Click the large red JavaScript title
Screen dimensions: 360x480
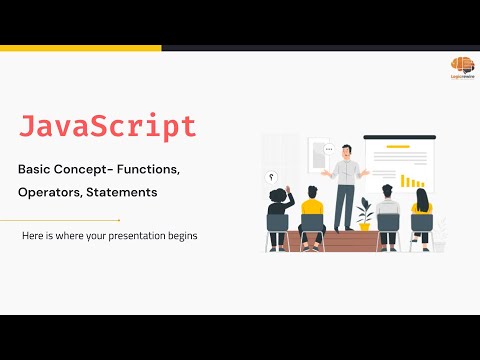point(108,127)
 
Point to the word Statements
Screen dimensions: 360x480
point(122,191)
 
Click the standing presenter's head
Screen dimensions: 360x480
point(345,151)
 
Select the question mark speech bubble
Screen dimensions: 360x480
point(271,176)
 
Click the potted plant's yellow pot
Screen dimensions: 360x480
point(365,225)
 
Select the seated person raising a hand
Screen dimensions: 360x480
point(278,212)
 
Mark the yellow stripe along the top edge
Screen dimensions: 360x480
point(80,47)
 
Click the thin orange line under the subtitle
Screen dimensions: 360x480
point(60,219)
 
